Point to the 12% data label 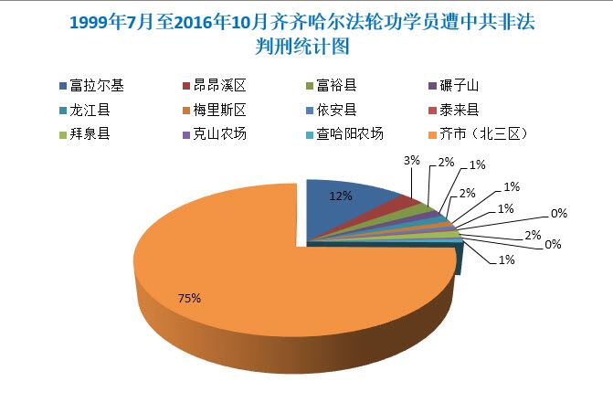[x=342, y=194]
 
